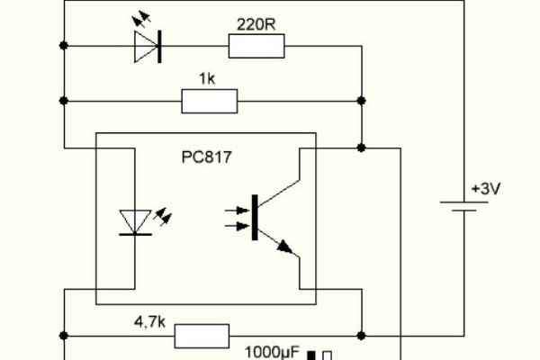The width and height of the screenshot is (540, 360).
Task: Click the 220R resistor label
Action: (x=256, y=24)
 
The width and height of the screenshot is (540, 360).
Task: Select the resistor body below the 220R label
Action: (x=256, y=46)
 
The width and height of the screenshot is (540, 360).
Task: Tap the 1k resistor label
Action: (x=209, y=79)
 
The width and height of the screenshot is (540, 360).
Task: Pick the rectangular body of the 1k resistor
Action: (x=210, y=101)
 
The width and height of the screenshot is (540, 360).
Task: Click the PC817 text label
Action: (x=206, y=157)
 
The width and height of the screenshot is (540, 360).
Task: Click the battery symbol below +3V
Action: (x=464, y=207)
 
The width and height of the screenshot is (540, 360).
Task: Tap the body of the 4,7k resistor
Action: (x=201, y=337)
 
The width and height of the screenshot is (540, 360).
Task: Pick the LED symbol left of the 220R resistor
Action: (x=147, y=46)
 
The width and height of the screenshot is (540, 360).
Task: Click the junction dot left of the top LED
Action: (x=64, y=45)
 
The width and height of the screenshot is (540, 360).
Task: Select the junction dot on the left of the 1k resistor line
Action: (x=64, y=101)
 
